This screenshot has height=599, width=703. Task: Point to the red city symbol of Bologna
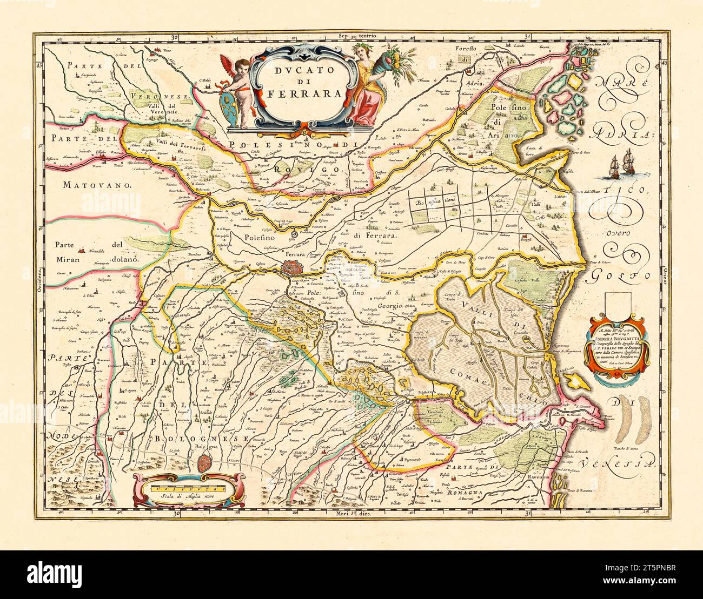pyautogui.click(x=204, y=462)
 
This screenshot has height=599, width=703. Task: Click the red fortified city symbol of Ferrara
pyautogui.click(x=295, y=267)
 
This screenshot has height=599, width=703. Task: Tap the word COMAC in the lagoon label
pyautogui.click(x=468, y=373)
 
